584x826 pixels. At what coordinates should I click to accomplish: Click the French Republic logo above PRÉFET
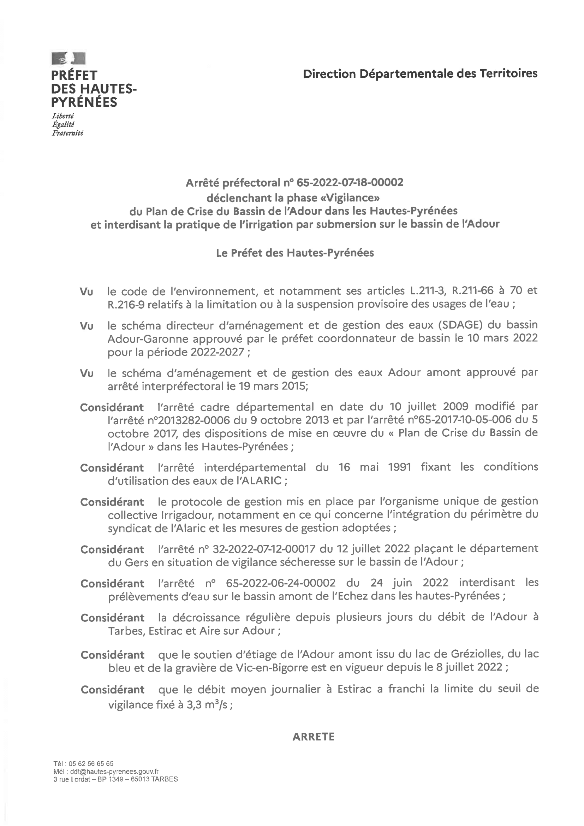point(68,58)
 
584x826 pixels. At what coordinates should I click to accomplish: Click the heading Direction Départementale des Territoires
point(420,74)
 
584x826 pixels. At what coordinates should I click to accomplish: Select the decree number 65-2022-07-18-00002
point(350,183)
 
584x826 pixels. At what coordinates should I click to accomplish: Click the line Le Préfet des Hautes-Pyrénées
point(295,253)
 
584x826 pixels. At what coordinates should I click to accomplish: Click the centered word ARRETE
point(313,737)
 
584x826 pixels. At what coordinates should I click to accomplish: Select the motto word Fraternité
point(67,133)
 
